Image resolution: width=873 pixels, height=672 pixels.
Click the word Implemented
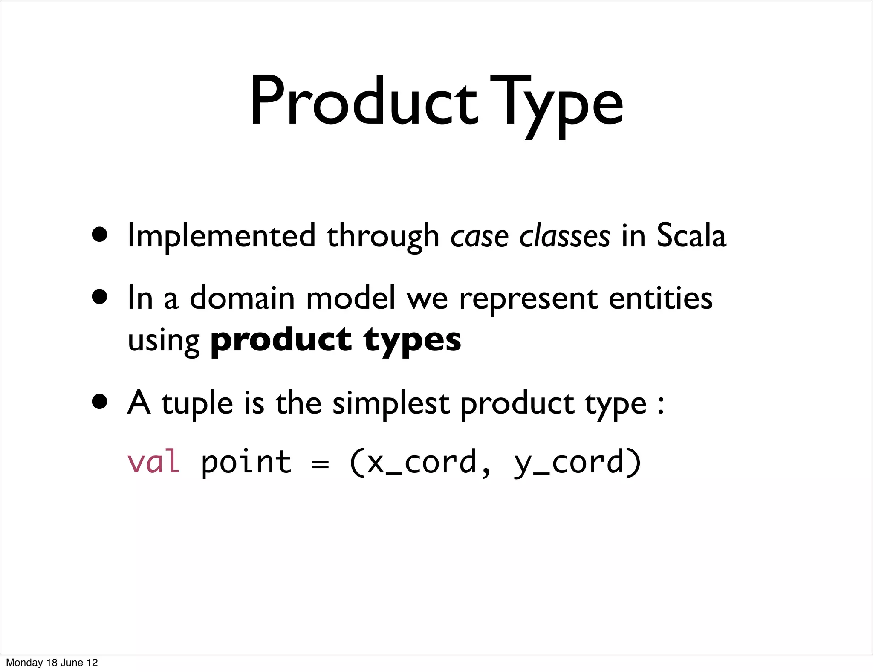pos(221,236)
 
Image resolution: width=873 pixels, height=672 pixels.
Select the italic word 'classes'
pos(564,236)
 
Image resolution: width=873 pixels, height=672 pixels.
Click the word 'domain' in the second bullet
pos(242,298)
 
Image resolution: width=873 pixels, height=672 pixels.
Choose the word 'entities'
pos(660,298)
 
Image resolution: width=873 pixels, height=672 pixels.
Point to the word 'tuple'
pos(197,403)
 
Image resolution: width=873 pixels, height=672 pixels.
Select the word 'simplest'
pos(390,403)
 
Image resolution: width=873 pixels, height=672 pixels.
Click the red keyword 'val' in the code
pos(153,462)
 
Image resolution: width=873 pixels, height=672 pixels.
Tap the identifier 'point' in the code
pos(246,462)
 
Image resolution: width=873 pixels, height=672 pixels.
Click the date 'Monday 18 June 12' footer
pos(52,662)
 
